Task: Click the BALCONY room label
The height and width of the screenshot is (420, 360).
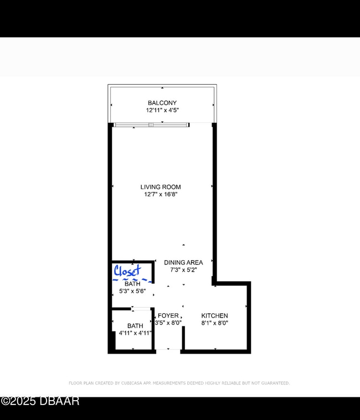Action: point(162,103)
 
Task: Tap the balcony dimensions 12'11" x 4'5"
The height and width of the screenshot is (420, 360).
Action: point(162,110)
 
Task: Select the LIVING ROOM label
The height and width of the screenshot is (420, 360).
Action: point(161,187)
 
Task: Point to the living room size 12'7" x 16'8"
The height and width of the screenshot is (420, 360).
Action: point(161,194)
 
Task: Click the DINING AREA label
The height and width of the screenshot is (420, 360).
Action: point(183,262)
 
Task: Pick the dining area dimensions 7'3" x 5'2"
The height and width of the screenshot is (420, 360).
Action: point(183,269)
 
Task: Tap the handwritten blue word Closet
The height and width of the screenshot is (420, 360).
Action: point(127,271)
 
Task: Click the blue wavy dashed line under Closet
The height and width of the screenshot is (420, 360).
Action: point(132,280)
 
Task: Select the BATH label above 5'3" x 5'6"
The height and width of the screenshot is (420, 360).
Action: point(132,284)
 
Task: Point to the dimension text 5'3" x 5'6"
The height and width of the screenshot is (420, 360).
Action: point(132,291)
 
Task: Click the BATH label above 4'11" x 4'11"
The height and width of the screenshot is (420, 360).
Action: point(135,326)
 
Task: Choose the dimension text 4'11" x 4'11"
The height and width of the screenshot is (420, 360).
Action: point(135,333)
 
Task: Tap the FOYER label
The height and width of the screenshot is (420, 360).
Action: point(168,315)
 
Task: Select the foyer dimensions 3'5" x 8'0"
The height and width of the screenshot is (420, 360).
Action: point(168,323)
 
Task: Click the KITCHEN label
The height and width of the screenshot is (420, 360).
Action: point(214,315)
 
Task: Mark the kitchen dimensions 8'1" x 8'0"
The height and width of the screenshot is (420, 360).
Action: point(214,323)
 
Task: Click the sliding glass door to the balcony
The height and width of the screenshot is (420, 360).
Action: point(151,125)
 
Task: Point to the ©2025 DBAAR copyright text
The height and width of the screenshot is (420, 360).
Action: point(40,401)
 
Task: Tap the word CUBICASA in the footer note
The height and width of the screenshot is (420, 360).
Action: point(131,383)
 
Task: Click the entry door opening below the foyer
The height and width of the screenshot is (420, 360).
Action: point(168,349)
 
